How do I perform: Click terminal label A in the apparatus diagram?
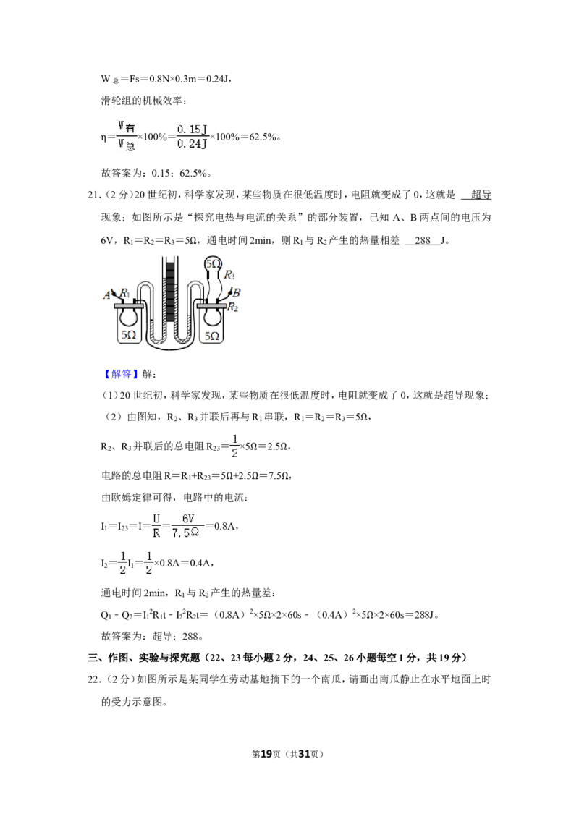tap(106, 295)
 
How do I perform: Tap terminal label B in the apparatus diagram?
tap(237, 292)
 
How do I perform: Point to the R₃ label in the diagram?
tap(229, 275)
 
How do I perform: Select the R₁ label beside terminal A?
tap(124, 293)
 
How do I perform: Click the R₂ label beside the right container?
tap(232, 307)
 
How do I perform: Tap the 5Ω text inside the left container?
tap(129, 335)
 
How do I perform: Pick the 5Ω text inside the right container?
tap(211, 336)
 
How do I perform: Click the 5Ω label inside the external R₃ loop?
tap(213, 264)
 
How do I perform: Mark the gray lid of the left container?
tap(129, 305)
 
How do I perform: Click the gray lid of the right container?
tap(211, 305)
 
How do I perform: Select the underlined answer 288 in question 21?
tap(422, 240)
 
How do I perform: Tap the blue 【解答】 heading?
tap(121, 374)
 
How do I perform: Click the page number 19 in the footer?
tap(266, 754)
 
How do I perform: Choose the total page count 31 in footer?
tap(305, 754)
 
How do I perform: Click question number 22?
tap(93, 679)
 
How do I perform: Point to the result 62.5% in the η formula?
tap(263, 137)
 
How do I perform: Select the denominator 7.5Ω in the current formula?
tap(185, 532)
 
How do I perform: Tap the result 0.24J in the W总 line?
tap(217, 79)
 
